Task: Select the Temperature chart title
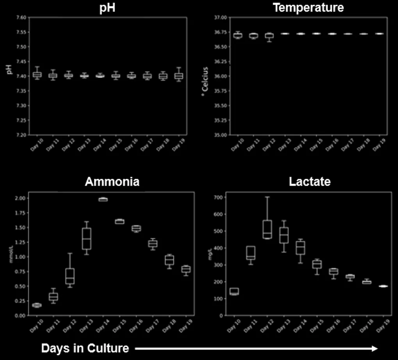309,8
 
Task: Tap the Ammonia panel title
112,182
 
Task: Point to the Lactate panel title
310,182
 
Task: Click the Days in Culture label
85,348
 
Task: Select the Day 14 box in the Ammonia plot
103,199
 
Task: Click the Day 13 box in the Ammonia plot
86,238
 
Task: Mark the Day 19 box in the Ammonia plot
186,269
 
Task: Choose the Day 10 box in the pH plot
37,75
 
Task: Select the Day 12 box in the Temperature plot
269,36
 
